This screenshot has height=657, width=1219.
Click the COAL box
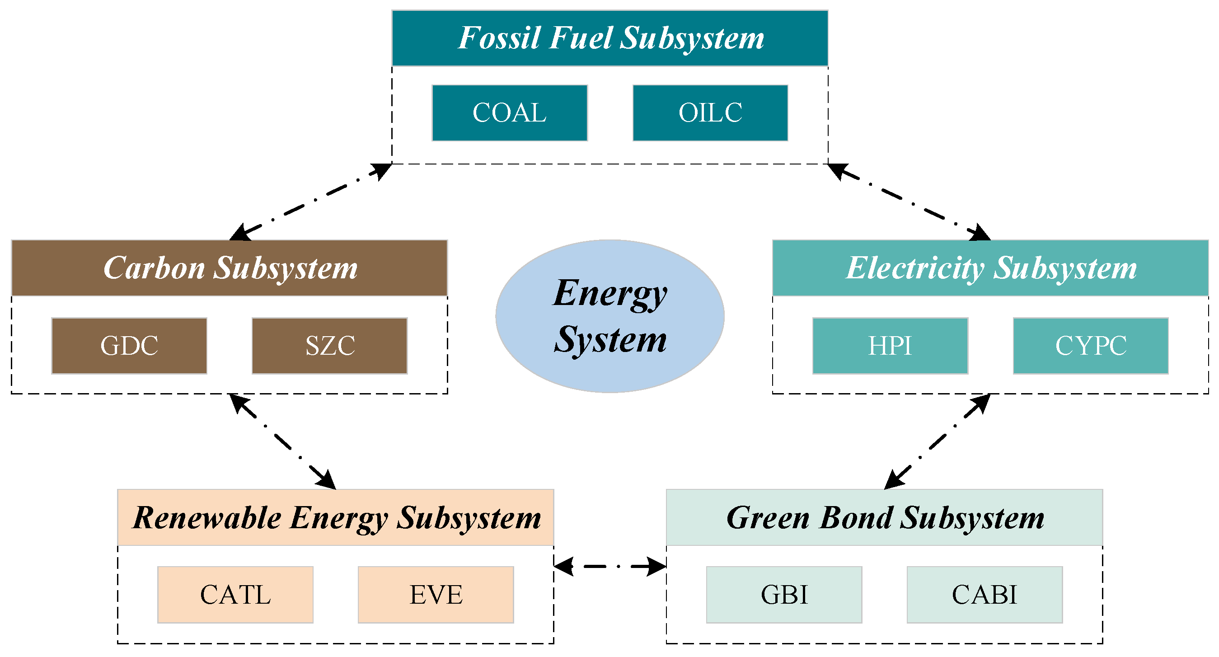510,113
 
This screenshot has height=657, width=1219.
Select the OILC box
710,113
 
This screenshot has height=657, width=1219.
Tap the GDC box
129,346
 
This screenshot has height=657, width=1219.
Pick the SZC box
330,346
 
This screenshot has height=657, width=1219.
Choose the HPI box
890,346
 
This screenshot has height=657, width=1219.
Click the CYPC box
1091,346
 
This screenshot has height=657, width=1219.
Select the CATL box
235,595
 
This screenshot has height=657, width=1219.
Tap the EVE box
436,595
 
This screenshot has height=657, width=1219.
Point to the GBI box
784,595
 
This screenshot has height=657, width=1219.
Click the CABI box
985,595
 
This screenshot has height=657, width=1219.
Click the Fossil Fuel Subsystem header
610,38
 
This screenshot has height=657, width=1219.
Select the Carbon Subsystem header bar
230,268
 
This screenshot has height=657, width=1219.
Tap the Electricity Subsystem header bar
990,268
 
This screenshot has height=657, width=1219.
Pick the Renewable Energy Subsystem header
336,517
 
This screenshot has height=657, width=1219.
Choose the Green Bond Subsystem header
885,517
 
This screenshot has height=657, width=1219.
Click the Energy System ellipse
610,316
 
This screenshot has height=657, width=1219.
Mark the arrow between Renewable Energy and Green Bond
610,566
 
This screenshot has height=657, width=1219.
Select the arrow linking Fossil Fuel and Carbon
310,202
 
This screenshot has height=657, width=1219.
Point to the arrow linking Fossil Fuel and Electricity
909,202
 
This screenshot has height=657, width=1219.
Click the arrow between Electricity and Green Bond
938,441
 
